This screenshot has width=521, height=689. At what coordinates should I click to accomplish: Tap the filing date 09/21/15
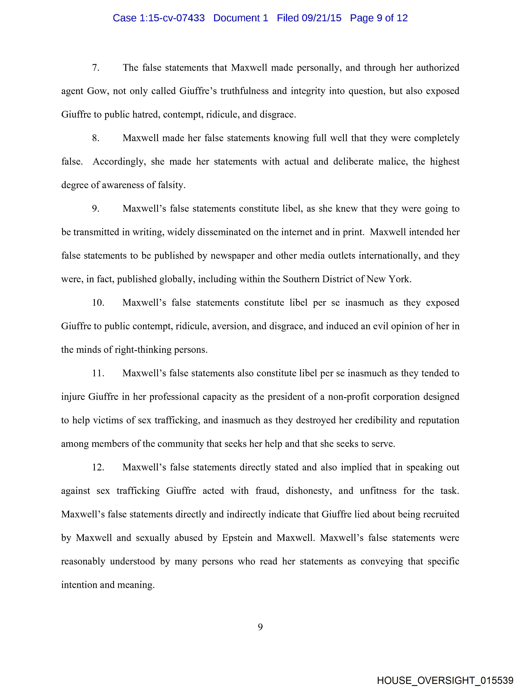click(x=322, y=18)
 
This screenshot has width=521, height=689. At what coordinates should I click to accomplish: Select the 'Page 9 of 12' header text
click(x=379, y=18)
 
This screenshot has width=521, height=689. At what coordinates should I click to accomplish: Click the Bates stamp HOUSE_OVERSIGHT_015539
click(x=445, y=680)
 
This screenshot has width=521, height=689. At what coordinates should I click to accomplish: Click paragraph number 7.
click(x=96, y=68)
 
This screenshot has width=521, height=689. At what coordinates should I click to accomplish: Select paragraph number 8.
click(x=96, y=138)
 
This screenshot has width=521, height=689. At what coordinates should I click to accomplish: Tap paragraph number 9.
click(x=96, y=209)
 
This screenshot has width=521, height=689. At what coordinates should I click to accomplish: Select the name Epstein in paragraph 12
click(x=237, y=538)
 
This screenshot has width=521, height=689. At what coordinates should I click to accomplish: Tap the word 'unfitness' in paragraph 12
click(x=378, y=491)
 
